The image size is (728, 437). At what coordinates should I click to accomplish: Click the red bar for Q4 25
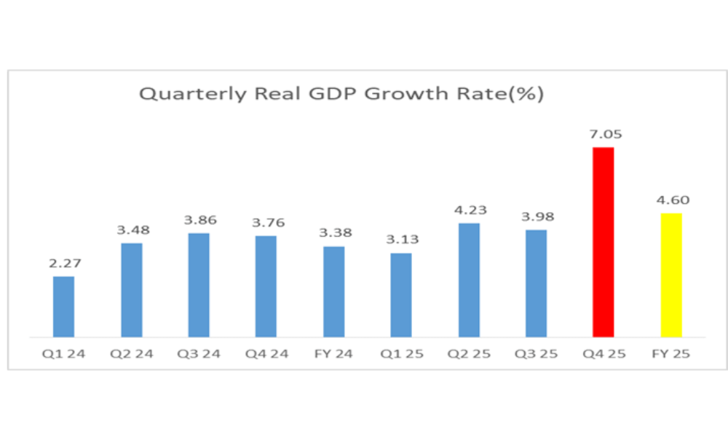click(x=604, y=243)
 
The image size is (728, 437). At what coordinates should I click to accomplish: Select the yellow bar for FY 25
click(x=671, y=275)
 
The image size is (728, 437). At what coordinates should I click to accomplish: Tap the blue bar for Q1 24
click(x=63, y=307)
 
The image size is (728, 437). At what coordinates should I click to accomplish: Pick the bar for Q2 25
click(x=469, y=280)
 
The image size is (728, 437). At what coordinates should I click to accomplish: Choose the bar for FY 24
click(x=333, y=292)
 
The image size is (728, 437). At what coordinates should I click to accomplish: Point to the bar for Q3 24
click(x=199, y=286)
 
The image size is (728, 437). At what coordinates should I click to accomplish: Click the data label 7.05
click(x=604, y=135)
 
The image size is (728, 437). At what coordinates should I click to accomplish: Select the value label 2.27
click(x=64, y=264)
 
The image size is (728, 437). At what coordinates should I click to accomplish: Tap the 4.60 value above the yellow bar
click(x=671, y=200)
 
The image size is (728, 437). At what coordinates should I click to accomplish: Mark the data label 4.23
click(x=469, y=210)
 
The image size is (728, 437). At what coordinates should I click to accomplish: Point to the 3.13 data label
click(x=401, y=240)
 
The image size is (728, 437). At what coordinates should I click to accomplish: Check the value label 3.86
click(x=199, y=221)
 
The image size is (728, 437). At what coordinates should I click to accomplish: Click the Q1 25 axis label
click(x=401, y=355)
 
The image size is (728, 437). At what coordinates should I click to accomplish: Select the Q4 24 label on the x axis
click(x=266, y=355)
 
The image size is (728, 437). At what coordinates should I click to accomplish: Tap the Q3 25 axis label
click(x=537, y=355)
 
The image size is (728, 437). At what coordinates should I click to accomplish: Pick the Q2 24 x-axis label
click(x=131, y=355)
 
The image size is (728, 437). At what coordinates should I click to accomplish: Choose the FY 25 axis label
click(x=671, y=355)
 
